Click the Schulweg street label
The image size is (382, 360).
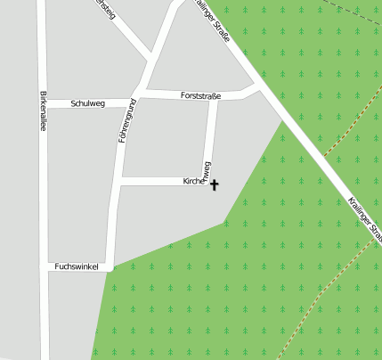[88, 104]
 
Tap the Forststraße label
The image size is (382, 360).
[200, 94]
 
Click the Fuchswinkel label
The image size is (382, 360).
[76, 266]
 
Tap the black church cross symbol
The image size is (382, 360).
[214, 184]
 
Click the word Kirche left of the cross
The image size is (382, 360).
[193, 181]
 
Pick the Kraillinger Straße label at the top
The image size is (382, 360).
[215, 21]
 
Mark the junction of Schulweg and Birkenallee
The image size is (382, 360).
[42, 104]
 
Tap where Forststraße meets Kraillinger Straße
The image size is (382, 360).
[259, 86]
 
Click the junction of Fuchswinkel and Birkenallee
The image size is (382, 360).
[44, 266]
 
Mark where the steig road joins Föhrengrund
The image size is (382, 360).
[150, 61]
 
